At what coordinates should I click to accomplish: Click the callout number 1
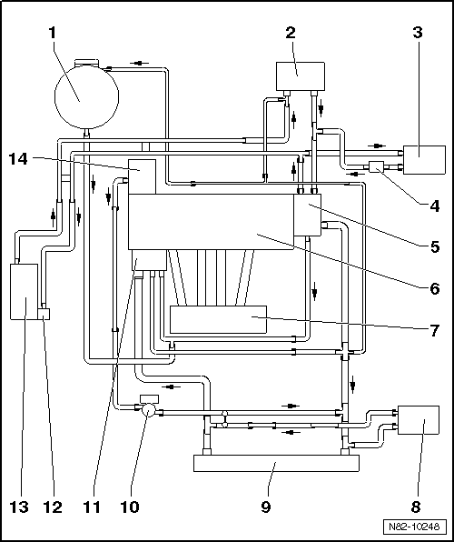[x=53, y=33]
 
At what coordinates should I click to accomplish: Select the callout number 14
[x=19, y=159]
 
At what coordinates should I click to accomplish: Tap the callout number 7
[x=435, y=330]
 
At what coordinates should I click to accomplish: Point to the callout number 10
[x=130, y=507]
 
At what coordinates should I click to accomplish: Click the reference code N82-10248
[x=414, y=527]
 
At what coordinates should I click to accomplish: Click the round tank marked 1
[x=87, y=96]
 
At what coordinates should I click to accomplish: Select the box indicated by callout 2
[x=301, y=76]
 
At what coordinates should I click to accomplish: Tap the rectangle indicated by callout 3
[x=424, y=160]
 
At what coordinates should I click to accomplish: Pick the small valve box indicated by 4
[x=377, y=167]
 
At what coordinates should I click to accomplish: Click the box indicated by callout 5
[x=307, y=215]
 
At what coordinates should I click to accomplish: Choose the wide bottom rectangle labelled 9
[x=276, y=463]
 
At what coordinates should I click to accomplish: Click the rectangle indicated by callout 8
[x=419, y=420]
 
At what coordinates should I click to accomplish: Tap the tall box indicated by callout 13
[x=24, y=292]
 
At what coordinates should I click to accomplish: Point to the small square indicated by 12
[x=44, y=314]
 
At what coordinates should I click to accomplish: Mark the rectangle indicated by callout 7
[x=218, y=320]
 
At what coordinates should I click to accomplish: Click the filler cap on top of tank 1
[x=86, y=63]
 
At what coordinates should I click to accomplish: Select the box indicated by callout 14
[x=142, y=176]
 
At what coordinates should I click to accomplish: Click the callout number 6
[x=435, y=288]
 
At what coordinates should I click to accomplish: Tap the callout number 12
[x=53, y=507]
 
